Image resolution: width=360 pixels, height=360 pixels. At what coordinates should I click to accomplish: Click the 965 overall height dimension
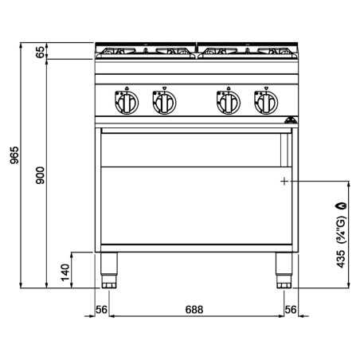pos(14,155)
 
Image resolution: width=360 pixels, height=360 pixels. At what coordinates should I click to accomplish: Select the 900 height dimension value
pos(41,175)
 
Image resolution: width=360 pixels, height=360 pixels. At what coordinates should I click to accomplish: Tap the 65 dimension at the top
pos(41,52)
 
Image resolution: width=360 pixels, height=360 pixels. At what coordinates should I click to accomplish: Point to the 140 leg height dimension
pos(65,272)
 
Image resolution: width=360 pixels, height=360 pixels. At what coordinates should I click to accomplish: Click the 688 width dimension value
pos(194,310)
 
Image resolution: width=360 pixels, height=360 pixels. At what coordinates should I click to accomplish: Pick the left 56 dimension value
pos(102,310)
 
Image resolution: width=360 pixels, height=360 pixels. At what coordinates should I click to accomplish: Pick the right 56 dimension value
pos(291,310)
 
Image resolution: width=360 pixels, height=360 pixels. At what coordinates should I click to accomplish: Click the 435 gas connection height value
pos(341,258)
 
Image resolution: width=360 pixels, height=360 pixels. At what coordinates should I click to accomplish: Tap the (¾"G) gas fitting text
pos(342,230)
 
